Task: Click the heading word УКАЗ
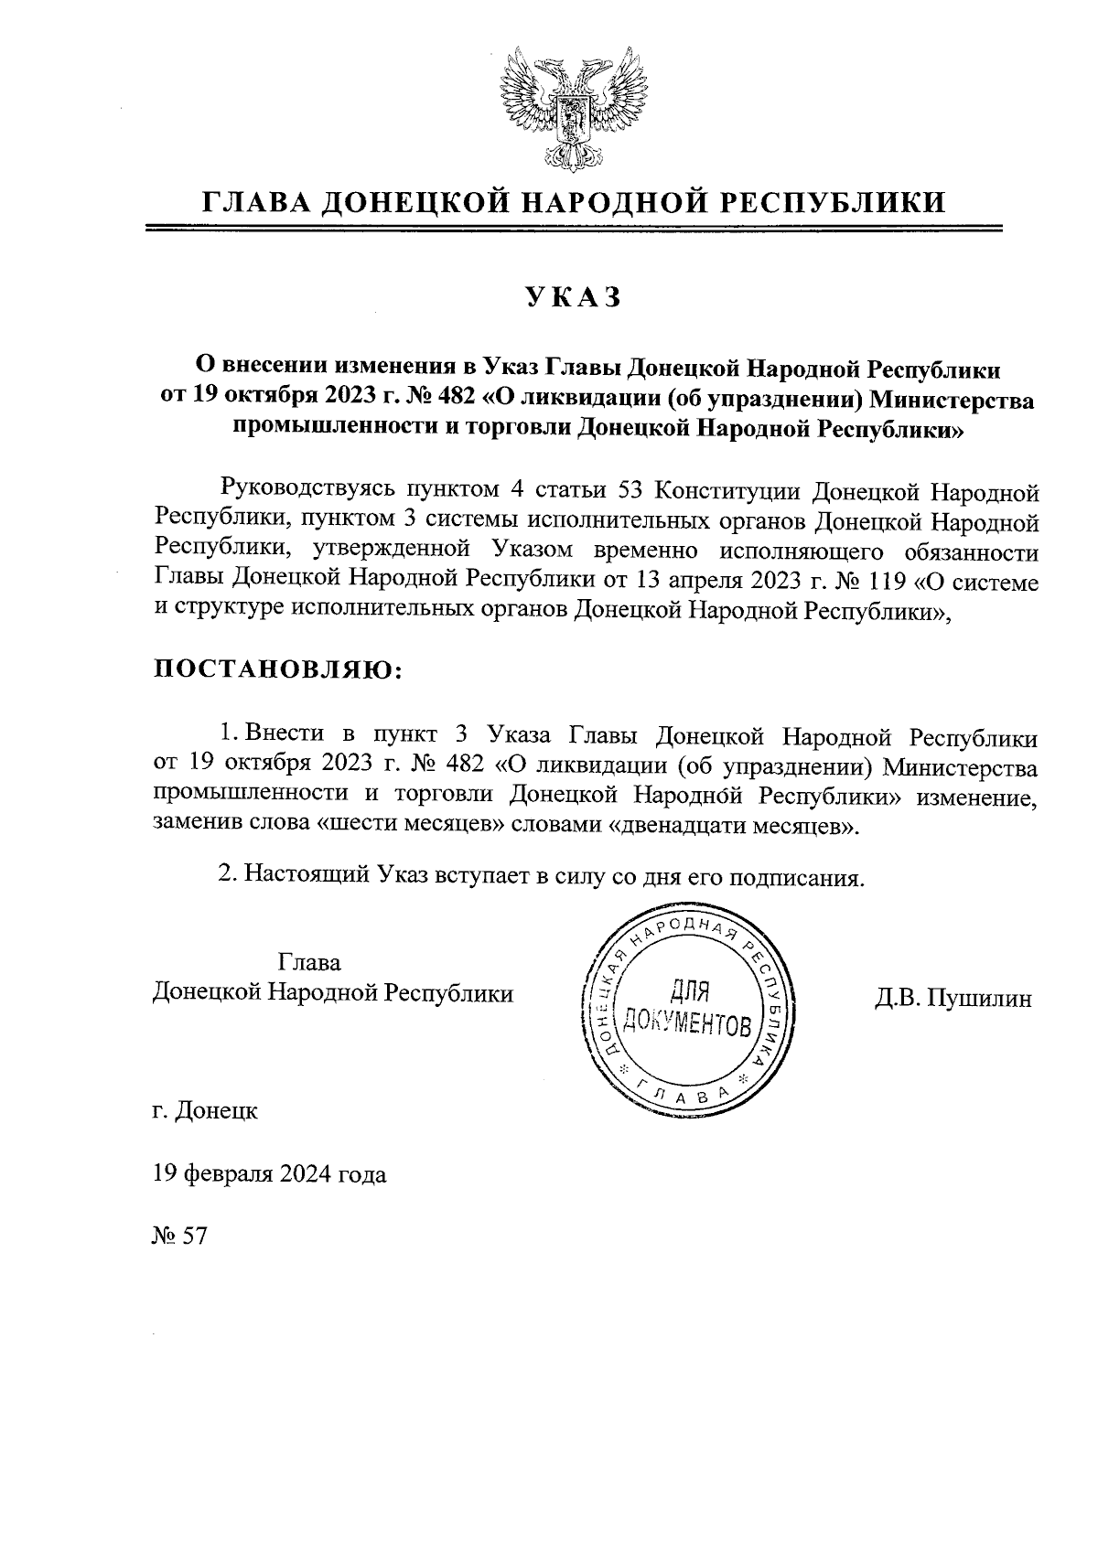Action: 573,297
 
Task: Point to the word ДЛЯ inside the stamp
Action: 692,990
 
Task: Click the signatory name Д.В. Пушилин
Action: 953,998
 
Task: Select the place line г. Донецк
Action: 206,1111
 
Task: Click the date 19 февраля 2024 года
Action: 270,1174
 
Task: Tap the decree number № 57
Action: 180,1236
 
